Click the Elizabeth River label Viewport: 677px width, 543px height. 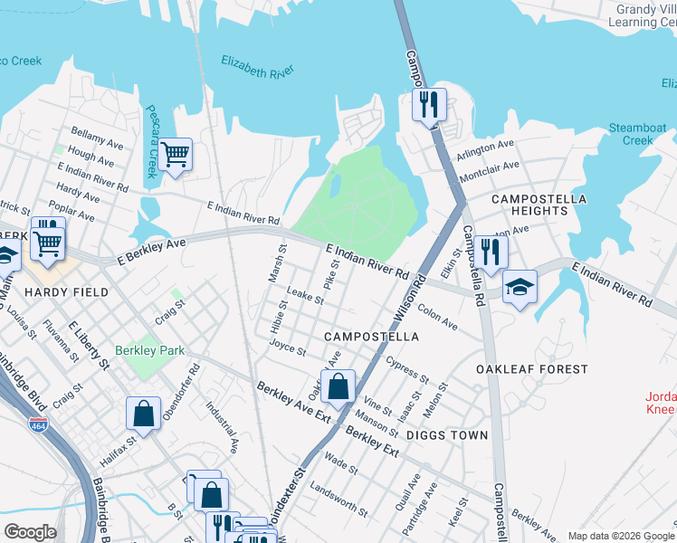(x=257, y=66)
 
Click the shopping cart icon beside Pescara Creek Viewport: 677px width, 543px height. (x=175, y=155)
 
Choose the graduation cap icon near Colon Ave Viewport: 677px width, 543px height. (x=519, y=288)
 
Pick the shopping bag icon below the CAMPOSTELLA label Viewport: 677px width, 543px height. (x=338, y=387)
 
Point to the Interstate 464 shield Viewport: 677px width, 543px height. (x=38, y=424)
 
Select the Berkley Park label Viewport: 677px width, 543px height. (x=149, y=350)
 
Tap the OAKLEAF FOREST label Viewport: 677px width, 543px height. (x=532, y=369)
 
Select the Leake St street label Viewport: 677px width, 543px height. (x=305, y=296)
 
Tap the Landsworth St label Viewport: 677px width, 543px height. (x=338, y=500)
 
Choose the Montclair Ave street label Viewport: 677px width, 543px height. (x=489, y=171)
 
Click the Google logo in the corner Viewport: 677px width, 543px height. (x=30, y=532)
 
